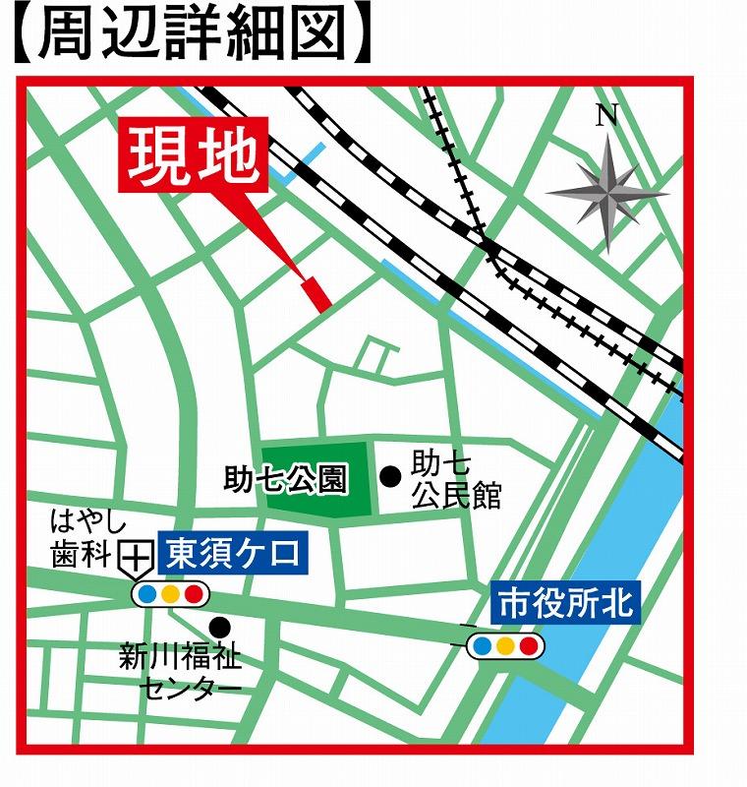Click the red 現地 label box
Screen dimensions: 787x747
(x=193, y=154)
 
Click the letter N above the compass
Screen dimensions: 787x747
(x=606, y=116)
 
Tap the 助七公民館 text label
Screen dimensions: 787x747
(x=455, y=479)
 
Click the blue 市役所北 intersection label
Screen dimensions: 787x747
(x=565, y=601)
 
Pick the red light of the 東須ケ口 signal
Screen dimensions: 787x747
(x=193, y=594)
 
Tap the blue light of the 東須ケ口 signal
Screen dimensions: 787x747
(x=147, y=594)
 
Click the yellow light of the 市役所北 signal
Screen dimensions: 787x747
(x=505, y=646)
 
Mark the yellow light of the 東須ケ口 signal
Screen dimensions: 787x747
(x=170, y=594)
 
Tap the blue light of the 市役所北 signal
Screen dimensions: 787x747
(x=483, y=646)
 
